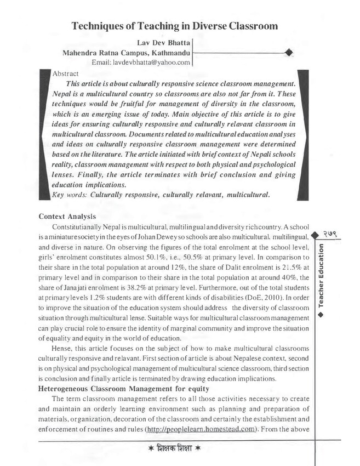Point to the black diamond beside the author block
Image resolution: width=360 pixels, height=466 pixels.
289,53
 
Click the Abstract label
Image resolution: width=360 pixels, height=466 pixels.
65,73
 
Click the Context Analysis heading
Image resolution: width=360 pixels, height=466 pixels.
67,217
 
